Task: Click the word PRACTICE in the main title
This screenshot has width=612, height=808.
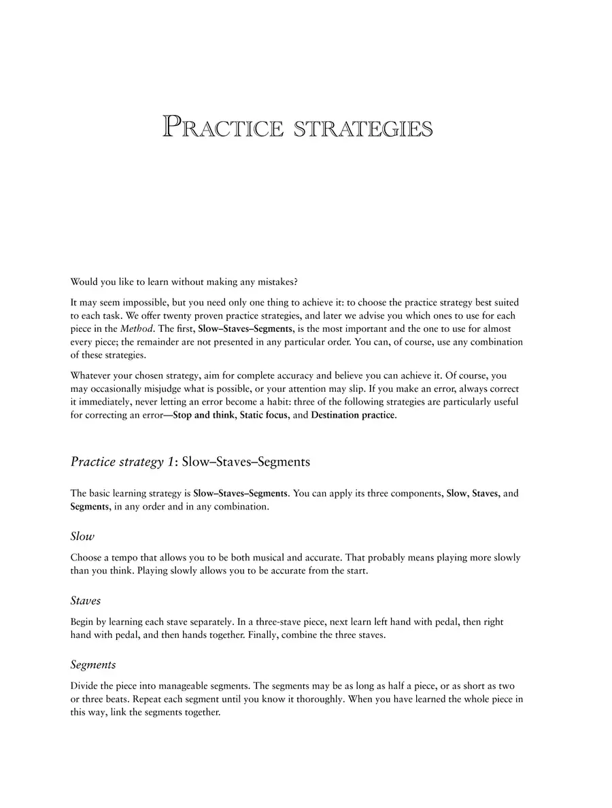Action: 222,128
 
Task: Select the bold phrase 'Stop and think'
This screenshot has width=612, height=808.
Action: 202,415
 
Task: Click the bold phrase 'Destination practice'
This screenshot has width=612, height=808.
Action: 352,415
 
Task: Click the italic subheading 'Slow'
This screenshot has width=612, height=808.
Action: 82,537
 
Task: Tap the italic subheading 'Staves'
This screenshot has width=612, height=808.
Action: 86,601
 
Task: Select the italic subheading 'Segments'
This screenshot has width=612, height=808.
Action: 93,664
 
